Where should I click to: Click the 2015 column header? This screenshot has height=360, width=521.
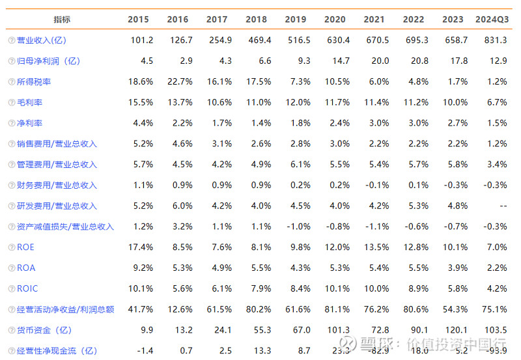pyautogui.click(x=140, y=20)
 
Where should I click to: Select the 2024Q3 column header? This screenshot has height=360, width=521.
pyautogui.click(x=492, y=20)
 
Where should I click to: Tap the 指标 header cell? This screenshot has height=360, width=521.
pyautogui.click(x=63, y=20)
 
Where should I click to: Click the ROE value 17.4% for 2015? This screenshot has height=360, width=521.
pyautogui.click(x=141, y=247)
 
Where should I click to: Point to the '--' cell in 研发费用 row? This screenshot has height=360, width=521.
pyautogui.click(x=501, y=206)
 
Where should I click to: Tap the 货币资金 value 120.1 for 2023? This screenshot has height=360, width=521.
pyautogui.click(x=455, y=330)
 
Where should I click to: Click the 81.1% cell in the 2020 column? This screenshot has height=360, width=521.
pyautogui.click(x=337, y=309)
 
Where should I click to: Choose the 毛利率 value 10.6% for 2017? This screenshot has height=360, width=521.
pyautogui.click(x=218, y=102)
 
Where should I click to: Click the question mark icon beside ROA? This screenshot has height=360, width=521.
pyautogui.click(x=11, y=268)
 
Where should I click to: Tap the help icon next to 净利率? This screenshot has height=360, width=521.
pyautogui.click(x=11, y=123)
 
